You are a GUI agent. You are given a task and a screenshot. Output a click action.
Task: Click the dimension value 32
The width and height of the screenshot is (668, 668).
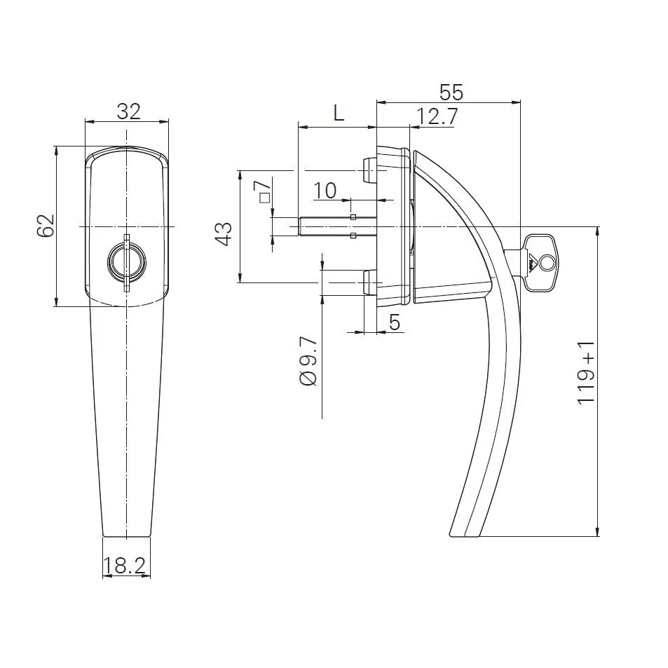pos(129,111)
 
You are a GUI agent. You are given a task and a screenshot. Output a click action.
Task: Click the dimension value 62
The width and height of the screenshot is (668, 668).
pos(46,226)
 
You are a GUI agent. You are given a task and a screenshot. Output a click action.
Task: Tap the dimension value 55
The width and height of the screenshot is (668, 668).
pos(451,92)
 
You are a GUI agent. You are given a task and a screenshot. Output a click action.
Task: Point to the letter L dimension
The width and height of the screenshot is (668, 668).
pos(339,113)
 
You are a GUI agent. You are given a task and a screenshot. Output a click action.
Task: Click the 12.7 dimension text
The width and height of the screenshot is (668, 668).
pos(437,116)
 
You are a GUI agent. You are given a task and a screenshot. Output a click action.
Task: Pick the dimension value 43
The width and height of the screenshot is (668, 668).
pos(224,233)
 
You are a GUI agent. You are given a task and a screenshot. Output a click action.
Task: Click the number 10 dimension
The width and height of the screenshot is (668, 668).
pos(325,190)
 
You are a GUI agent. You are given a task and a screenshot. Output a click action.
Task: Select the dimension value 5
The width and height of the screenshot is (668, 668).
pos(395,322)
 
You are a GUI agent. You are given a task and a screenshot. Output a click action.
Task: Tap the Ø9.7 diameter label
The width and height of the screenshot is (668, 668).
pos(309,361)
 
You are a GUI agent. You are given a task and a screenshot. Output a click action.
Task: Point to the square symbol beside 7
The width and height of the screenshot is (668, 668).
pos(264,198)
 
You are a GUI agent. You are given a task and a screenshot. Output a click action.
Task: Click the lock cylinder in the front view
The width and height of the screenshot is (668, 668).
pos(127,264)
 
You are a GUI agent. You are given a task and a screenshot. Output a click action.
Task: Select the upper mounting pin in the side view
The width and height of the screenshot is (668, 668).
pos(367,168)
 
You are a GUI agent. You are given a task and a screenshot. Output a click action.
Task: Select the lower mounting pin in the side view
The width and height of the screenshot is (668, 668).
pos(367,282)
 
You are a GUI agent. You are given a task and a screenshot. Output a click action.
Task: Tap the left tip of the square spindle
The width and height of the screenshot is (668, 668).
pos(301,226)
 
